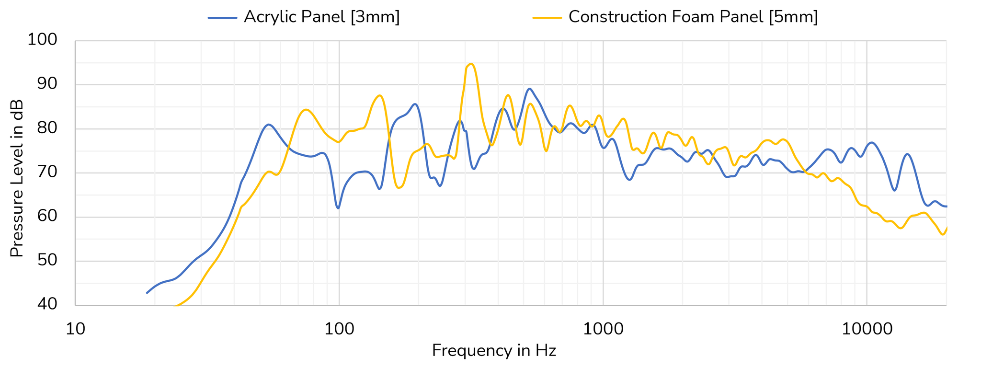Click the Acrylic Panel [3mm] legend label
point(321,17)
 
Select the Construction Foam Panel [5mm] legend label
point(693,17)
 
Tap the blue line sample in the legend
point(223,18)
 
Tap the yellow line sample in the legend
point(547,18)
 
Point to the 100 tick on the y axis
point(42,40)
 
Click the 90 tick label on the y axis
point(47,84)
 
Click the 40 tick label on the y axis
point(47,304)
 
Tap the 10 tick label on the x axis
point(75,330)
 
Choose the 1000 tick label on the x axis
point(603,330)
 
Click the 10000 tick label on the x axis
point(867,330)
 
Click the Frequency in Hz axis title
point(494,351)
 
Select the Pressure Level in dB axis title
point(17,178)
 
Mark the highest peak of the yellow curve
point(471,64)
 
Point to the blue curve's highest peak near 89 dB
point(529,89)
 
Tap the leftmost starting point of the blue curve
point(147,293)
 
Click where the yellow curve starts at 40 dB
point(175,305)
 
